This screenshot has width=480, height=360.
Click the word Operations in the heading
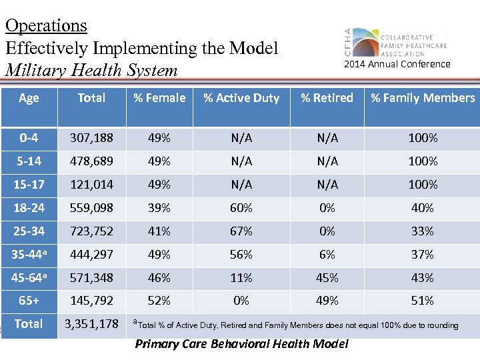click(46, 26)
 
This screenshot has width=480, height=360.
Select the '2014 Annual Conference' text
click(397, 64)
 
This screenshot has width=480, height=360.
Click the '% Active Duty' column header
click(241, 98)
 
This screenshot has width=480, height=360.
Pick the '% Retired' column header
click(327, 98)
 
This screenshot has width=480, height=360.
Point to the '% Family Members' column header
click(423, 98)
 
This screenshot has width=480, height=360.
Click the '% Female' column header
click(159, 98)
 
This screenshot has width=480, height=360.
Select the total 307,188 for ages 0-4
click(92, 138)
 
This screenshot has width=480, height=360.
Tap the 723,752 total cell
click(92, 231)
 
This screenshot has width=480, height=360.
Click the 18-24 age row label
click(29, 208)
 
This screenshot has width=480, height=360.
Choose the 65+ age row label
click(29, 301)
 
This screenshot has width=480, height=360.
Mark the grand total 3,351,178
click(92, 324)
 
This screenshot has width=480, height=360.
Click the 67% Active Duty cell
click(241, 231)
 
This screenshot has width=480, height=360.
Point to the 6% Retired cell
click(327, 255)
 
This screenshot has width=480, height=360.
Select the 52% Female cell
click(159, 301)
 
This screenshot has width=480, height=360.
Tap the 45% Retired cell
click(327, 277)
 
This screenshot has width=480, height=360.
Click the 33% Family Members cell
click(423, 231)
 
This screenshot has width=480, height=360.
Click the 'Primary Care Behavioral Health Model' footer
click(241, 344)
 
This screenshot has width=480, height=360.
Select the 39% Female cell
click(159, 208)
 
